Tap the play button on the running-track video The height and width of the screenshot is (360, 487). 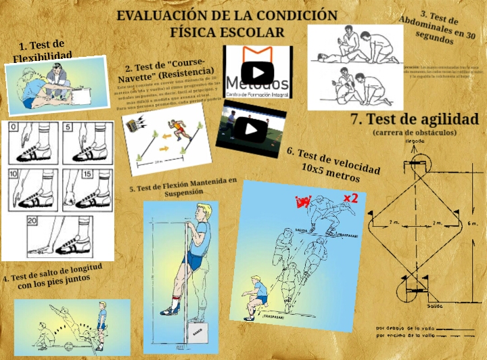(x=251, y=128)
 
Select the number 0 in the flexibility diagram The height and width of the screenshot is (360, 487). (x=14, y=127)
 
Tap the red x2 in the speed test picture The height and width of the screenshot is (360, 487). (x=350, y=198)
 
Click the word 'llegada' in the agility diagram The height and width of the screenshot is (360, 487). (x=415, y=141)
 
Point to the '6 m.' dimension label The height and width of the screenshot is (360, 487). (x=472, y=223)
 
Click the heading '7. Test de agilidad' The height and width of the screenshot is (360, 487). (x=414, y=119)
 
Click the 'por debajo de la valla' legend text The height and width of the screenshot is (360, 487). (x=404, y=328)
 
